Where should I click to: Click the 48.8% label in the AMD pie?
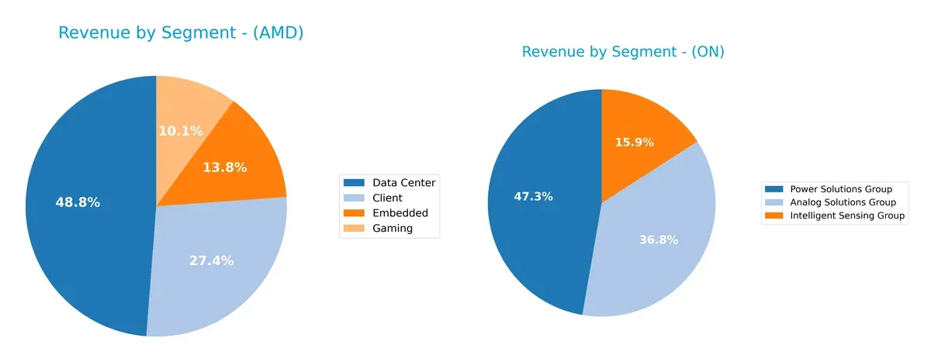78,202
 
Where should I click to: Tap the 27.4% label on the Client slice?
211,260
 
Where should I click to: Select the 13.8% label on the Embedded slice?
224,167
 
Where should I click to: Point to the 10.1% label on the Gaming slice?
181,131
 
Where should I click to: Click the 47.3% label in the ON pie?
533,196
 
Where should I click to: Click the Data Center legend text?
403,183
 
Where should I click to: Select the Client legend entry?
388,198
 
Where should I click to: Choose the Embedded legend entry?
400,213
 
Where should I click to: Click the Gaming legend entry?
393,228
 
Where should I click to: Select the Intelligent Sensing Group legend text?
847,216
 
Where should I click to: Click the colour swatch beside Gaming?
355,228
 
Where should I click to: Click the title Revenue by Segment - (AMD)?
180,33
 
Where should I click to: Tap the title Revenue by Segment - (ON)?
623,52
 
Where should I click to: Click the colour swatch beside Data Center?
355,183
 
